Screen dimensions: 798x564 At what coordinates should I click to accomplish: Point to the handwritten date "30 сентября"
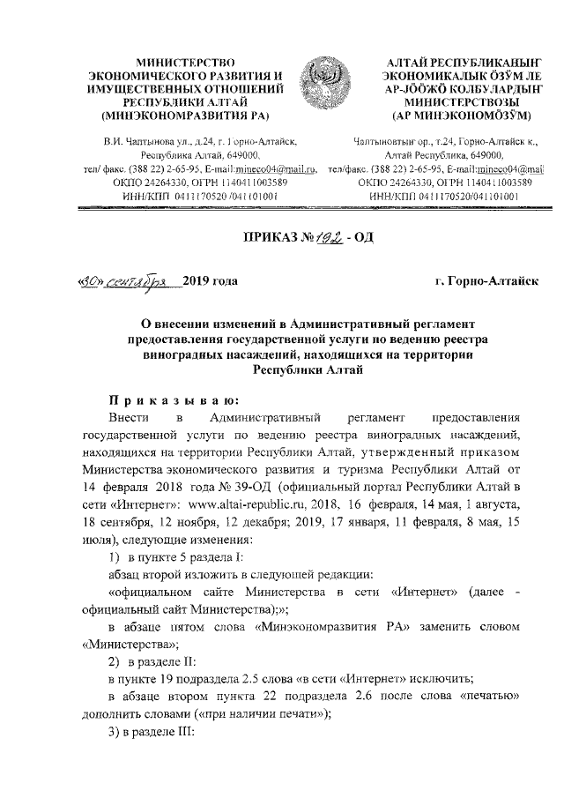(x=119, y=282)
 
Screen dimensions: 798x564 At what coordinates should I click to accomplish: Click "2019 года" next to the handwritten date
(x=210, y=282)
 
